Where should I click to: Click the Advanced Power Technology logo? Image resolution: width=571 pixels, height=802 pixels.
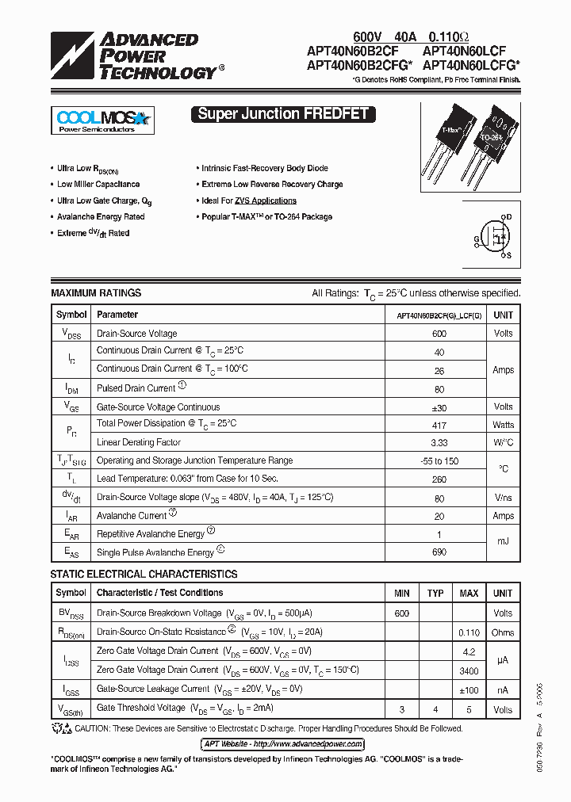(135, 55)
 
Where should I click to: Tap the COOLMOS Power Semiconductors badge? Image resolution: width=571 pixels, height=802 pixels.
(102, 120)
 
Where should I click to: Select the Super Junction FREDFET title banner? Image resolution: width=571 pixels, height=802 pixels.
(282, 113)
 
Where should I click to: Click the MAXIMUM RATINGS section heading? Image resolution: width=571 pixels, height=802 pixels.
(96, 293)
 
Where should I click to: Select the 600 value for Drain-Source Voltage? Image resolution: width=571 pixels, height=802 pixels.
(439, 334)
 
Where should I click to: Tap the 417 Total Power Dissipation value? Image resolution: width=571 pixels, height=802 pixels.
(439, 425)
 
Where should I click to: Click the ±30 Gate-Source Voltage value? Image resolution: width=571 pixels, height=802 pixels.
(439, 407)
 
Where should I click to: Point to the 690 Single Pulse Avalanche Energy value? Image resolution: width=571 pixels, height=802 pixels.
(439, 552)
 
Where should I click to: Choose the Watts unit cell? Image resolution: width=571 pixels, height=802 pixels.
(503, 425)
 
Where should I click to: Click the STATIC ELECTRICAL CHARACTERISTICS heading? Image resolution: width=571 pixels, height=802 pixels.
(144, 574)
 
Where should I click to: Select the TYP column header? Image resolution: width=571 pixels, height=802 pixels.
(435, 593)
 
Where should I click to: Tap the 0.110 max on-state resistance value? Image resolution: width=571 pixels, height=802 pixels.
(469, 632)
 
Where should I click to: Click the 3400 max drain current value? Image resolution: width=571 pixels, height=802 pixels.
(469, 670)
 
